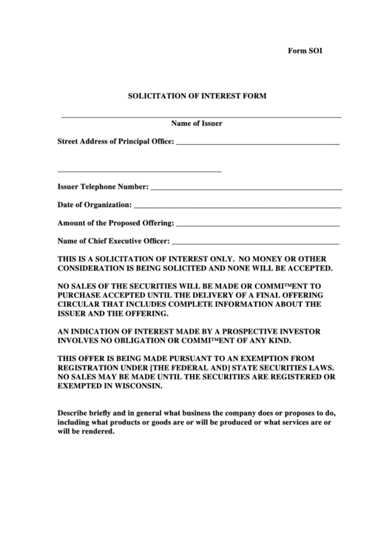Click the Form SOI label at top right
(x=305, y=51)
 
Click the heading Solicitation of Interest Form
(x=197, y=96)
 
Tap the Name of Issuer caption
(x=197, y=124)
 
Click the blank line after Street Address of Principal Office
(x=257, y=143)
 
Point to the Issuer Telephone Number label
(x=103, y=187)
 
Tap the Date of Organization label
(x=95, y=205)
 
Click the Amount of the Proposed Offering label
(x=115, y=223)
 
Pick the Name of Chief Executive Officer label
(x=114, y=240)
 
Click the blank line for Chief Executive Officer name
(x=255, y=243)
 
